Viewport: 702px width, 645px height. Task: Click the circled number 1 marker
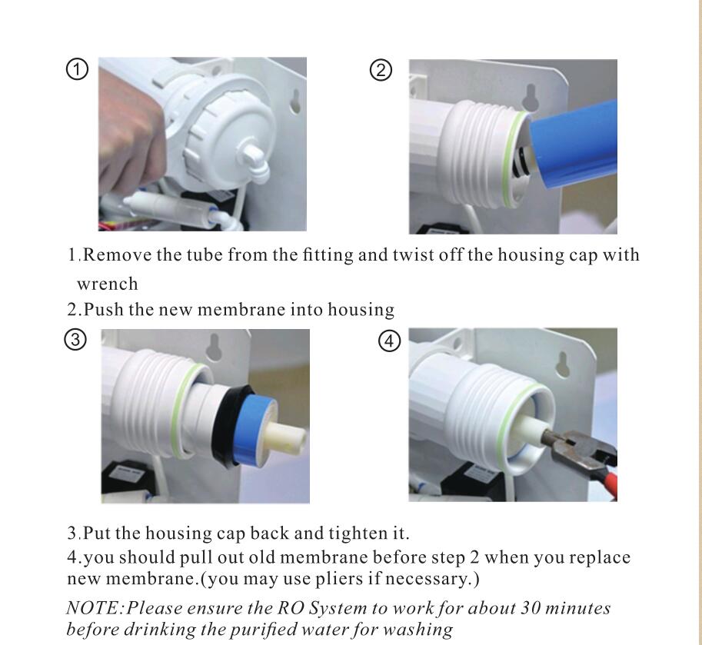point(77,70)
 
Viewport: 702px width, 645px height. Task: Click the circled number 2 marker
point(381,70)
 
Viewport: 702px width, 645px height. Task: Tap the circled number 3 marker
point(75,340)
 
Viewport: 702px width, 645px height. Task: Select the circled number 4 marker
point(390,341)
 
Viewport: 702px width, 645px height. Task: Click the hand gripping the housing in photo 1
point(131,143)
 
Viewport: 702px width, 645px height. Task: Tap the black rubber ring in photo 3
point(228,425)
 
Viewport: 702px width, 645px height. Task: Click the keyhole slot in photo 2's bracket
point(531,96)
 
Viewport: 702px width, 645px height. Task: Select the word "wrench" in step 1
point(108,284)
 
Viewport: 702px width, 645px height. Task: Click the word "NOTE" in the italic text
point(93,608)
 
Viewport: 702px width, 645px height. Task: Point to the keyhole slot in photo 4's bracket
point(563,366)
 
